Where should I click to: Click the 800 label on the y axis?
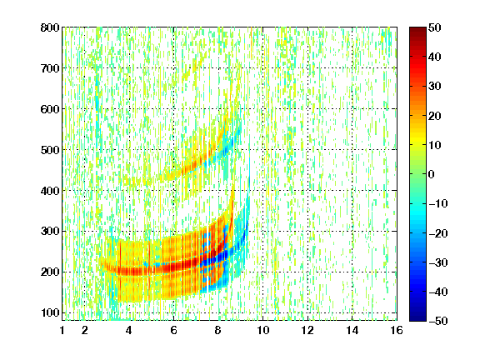50,27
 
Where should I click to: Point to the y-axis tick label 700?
50,68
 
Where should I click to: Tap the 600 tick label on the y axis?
50,109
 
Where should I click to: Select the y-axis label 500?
50,150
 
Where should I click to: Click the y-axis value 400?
50,191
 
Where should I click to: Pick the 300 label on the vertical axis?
50,231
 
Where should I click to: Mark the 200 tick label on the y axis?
50,272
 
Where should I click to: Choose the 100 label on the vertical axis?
50,312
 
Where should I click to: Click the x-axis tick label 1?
62,330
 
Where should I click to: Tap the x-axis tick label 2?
85,330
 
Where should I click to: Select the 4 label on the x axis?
129,330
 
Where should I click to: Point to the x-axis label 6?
173,330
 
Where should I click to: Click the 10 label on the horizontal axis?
263,330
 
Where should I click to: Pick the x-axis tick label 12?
307,330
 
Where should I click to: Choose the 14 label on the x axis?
352,330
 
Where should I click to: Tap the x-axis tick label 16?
397,330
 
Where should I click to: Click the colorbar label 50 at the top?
435,27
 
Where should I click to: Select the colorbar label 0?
432,174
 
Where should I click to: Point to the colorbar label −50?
438,321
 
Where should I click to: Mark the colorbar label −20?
438,233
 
